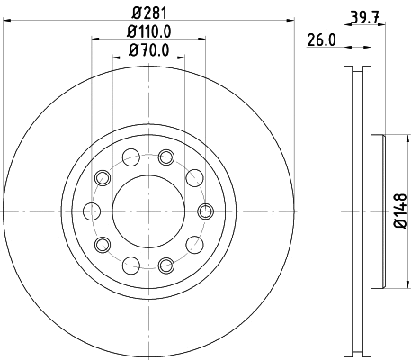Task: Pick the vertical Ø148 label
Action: pyautogui.click(x=399, y=211)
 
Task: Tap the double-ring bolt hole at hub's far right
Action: pyautogui.click(x=203, y=211)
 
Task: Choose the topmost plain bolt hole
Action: pyautogui.click(x=131, y=158)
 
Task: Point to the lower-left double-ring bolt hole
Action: pyautogui.click(x=103, y=245)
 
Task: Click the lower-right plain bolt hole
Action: pyautogui.click(x=192, y=245)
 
